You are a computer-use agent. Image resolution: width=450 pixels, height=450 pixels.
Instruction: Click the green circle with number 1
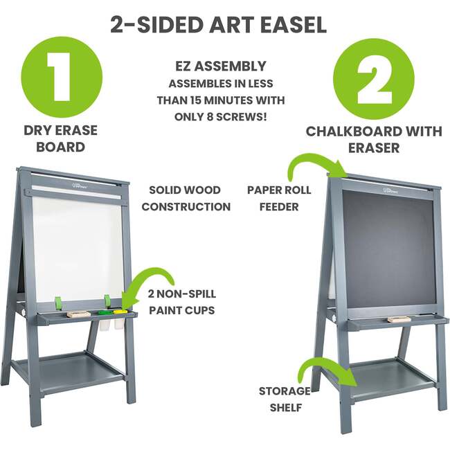(x=62, y=75)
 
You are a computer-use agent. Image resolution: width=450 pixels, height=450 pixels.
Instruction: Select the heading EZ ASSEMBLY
(x=220, y=67)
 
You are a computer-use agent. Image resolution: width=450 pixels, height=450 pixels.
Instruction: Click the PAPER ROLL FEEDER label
(x=278, y=198)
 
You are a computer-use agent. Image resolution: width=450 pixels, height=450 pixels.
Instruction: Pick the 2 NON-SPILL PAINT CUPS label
(x=181, y=302)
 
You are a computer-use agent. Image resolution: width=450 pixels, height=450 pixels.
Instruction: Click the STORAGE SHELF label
(x=284, y=399)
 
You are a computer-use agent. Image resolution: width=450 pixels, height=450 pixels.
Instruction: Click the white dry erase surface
(x=76, y=246)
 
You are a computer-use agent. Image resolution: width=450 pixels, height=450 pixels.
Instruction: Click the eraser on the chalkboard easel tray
(x=397, y=319)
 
